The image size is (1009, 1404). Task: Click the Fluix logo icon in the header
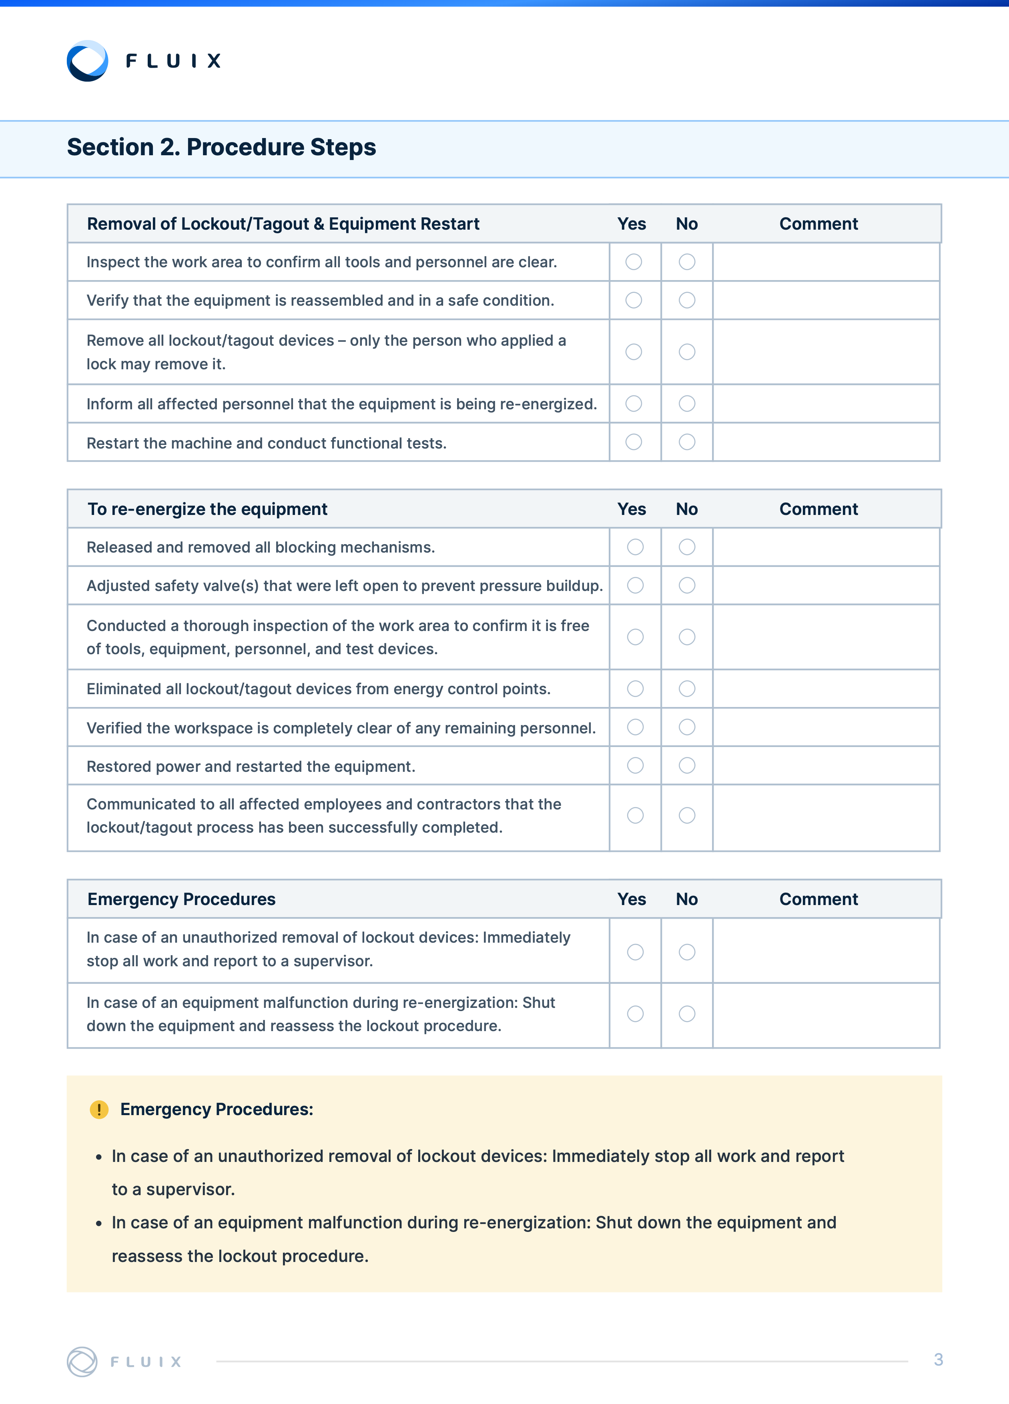click(x=87, y=61)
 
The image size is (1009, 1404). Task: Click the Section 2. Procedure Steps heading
click(x=221, y=147)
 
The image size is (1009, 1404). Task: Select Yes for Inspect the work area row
click(x=634, y=262)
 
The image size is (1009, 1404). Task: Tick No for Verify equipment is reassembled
click(x=687, y=300)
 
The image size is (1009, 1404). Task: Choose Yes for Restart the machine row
click(x=634, y=442)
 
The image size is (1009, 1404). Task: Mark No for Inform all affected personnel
click(x=687, y=404)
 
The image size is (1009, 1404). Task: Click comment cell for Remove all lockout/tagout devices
click(x=826, y=352)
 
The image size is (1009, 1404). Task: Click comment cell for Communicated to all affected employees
click(x=826, y=816)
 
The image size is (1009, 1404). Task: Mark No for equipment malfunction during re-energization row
click(x=687, y=1014)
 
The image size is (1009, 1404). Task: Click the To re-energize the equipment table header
click(x=207, y=509)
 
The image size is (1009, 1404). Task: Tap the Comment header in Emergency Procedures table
click(x=818, y=899)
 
